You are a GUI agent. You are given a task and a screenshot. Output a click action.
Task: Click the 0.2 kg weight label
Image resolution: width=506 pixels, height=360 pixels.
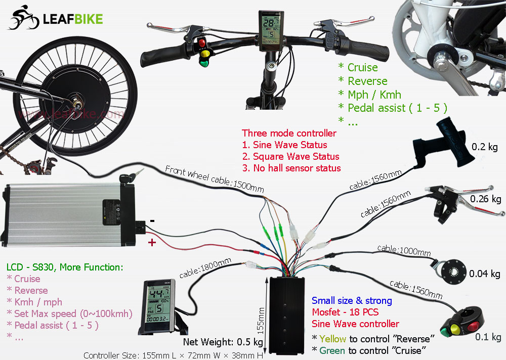pos(485,147)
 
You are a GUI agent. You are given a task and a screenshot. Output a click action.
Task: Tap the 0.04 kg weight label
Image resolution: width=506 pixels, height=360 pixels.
pos(484,274)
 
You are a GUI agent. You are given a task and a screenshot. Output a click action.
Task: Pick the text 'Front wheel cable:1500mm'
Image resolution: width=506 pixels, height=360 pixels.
pos(215,179)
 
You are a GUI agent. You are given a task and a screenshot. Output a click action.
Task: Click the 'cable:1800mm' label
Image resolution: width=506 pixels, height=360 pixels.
pos(205,268)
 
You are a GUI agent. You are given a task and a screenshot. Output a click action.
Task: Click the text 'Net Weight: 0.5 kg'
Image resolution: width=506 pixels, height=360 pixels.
pos(223,342)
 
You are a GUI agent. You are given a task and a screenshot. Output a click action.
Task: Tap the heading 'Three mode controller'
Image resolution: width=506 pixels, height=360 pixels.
pos(289,133)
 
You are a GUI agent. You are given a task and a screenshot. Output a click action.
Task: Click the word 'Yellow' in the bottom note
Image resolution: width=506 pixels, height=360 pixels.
pos(332,338)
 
